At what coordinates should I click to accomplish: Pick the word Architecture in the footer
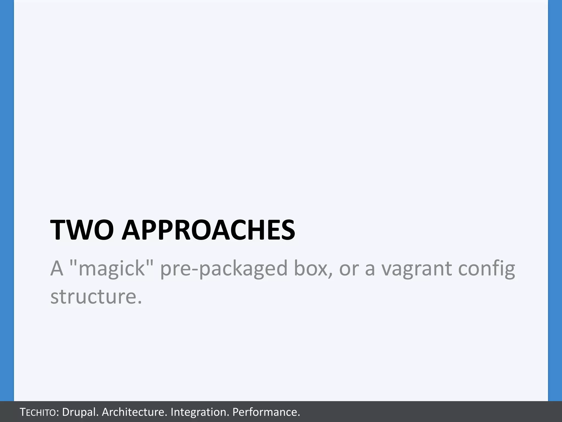tap(134, 412)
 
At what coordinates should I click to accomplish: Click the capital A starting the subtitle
tap(57, 268)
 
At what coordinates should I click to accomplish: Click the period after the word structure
tap(139, 302)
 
